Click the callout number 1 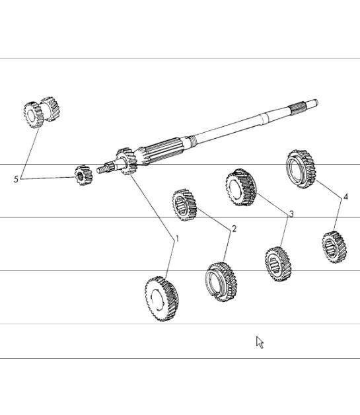(x=176, y=239)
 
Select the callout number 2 (x=234, y=229)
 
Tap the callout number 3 (x=291, y=213)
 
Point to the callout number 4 (x=345, y=196)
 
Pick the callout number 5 (x=17, y=179)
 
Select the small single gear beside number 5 (x=83, y=175)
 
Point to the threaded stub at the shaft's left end (x=103, y=169)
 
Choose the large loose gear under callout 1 (x=162, y=299)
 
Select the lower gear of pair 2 (x=221, y=281)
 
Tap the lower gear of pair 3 (x=277, y=264)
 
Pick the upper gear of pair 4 (x=300, y=169)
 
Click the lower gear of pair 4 (x=334, y=246)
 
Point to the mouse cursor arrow (x=260, y=342)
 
